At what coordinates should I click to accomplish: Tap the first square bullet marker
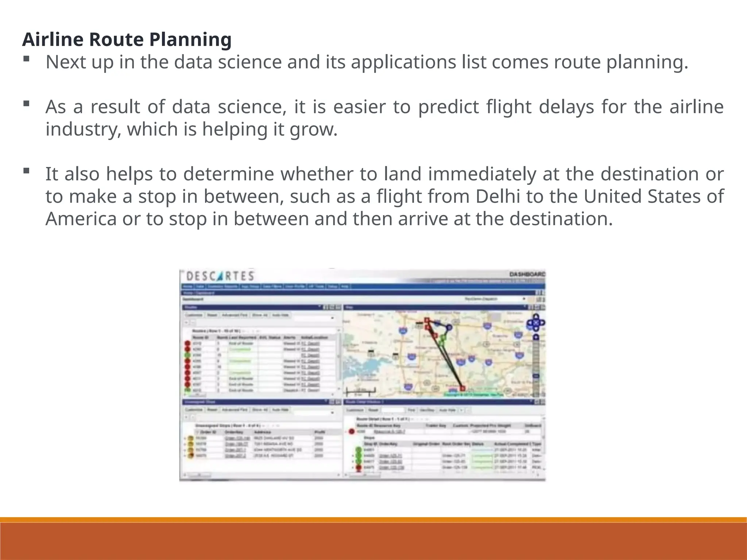pyautogui.click(x=26, y=59)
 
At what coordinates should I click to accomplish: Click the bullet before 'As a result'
pyautogui.click(x=26, y=104)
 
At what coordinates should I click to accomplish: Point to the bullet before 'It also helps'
pyautogui.click(x=26, y=170)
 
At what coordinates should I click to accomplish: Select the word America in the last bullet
pyautogui.click(x=81, y=219)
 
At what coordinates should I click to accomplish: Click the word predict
pyautogui.click(x=449, y=107)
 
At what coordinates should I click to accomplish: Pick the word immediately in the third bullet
pyautogui.click(x=482, y=174)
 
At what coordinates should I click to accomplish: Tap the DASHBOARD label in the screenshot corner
pyautogui.click(x=527, y=274)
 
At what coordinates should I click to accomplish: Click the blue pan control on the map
pyautogui.click(x=535, y=322)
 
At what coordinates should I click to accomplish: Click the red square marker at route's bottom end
pyautogui.click(x=462, y=388)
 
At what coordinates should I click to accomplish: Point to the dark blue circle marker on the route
pyautogui.click(x=449, y=327)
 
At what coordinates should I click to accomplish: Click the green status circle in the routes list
pyautogui.click(x=187, y=355)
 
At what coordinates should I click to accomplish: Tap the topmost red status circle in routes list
pyautogui.click(x=187, y=343)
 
